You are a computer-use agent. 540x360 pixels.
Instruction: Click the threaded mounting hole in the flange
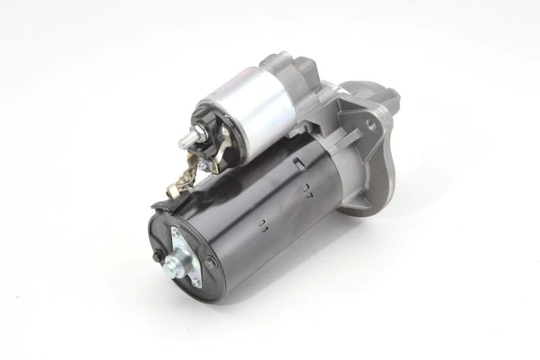click(371, 124)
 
